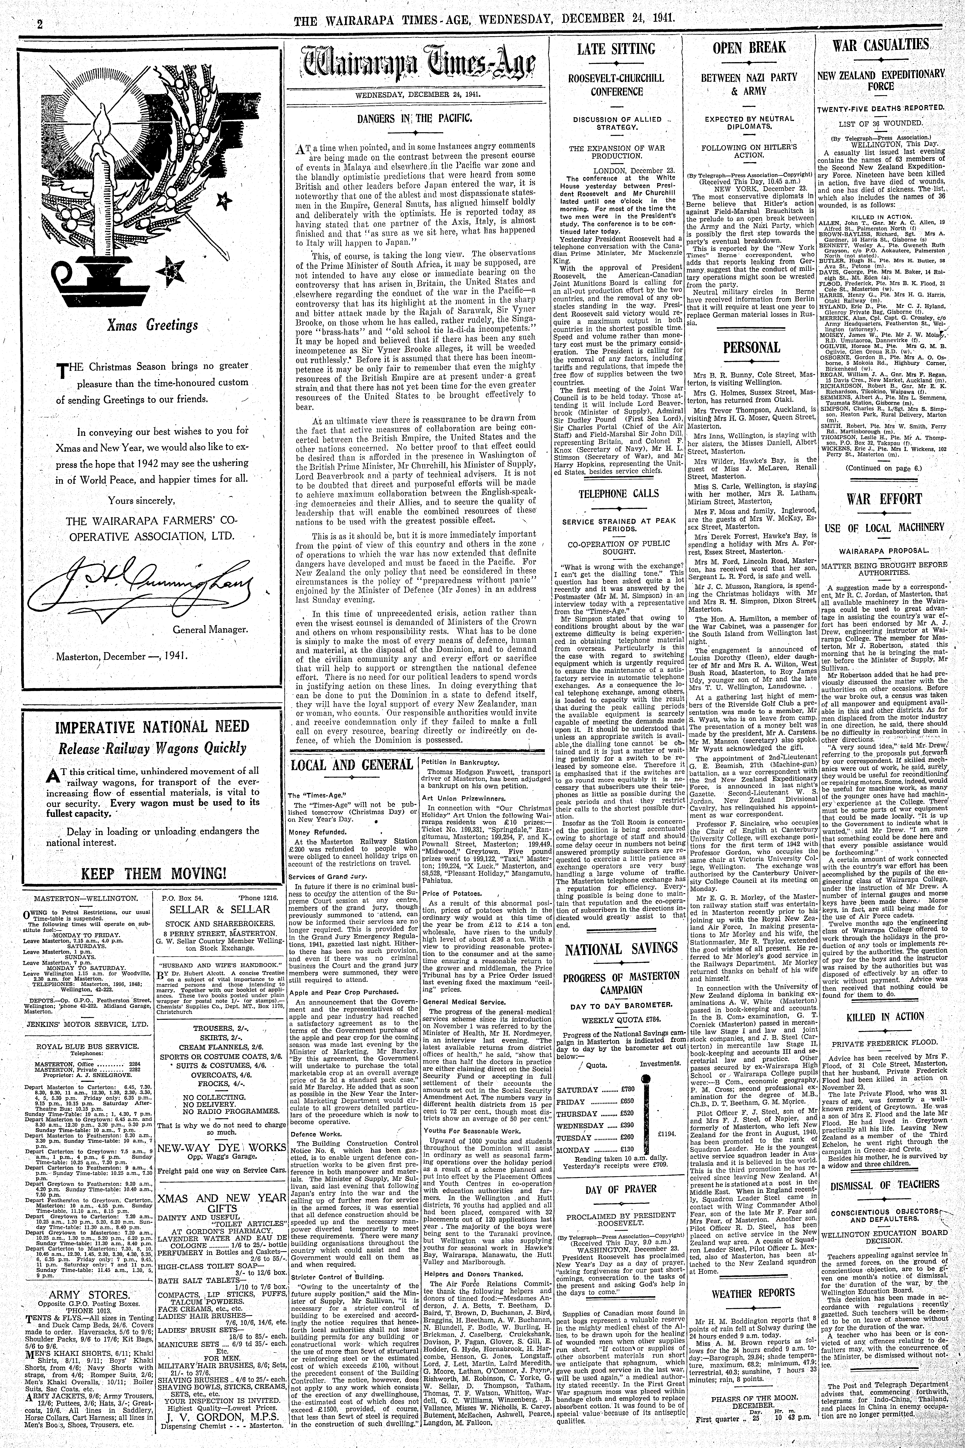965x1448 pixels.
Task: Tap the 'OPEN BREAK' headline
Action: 749,47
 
